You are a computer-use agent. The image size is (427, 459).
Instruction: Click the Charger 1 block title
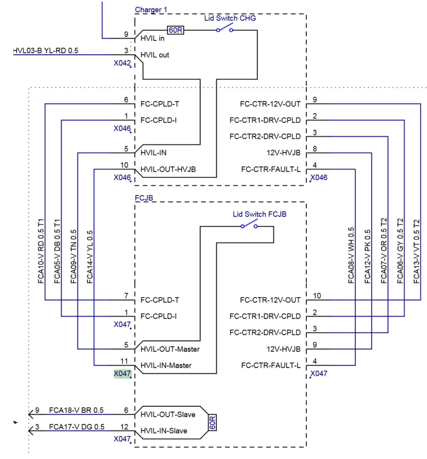tap(151, 10)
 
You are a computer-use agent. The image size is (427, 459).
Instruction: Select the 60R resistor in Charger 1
tap(175, 30)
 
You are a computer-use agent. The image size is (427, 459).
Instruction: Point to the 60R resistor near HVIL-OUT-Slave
tap(212, 422)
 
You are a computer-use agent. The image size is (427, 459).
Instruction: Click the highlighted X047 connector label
tap(122, 373)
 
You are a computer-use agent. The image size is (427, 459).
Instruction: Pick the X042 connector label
tap(122, 63)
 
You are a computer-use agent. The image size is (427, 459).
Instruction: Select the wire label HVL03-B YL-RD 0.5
tap(46, 51)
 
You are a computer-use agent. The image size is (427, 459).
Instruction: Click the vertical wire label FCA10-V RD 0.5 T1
tap(41, 251)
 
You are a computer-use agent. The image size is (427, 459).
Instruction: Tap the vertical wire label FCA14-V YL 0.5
tap(90, 257)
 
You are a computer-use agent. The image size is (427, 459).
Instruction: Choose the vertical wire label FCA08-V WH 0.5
tap(351, 255)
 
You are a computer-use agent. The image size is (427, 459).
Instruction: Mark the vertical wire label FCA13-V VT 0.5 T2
tap(417, 251)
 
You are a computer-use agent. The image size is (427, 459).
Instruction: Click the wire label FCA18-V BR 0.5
tap(76, 410)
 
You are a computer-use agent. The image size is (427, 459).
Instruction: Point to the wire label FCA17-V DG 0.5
tap(76, 427)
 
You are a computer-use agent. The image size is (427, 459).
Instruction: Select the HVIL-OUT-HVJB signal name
tap(168, 169)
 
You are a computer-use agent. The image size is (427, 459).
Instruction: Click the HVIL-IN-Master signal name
tap(166, 365)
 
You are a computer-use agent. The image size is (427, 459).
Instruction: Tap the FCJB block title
tap(144, 198)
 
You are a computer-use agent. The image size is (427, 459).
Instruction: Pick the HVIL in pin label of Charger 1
tap(152, 38)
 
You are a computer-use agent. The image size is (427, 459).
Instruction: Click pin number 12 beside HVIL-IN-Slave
tap(124, 427)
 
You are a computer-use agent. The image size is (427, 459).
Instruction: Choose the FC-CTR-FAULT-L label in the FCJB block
tap(271, 365)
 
